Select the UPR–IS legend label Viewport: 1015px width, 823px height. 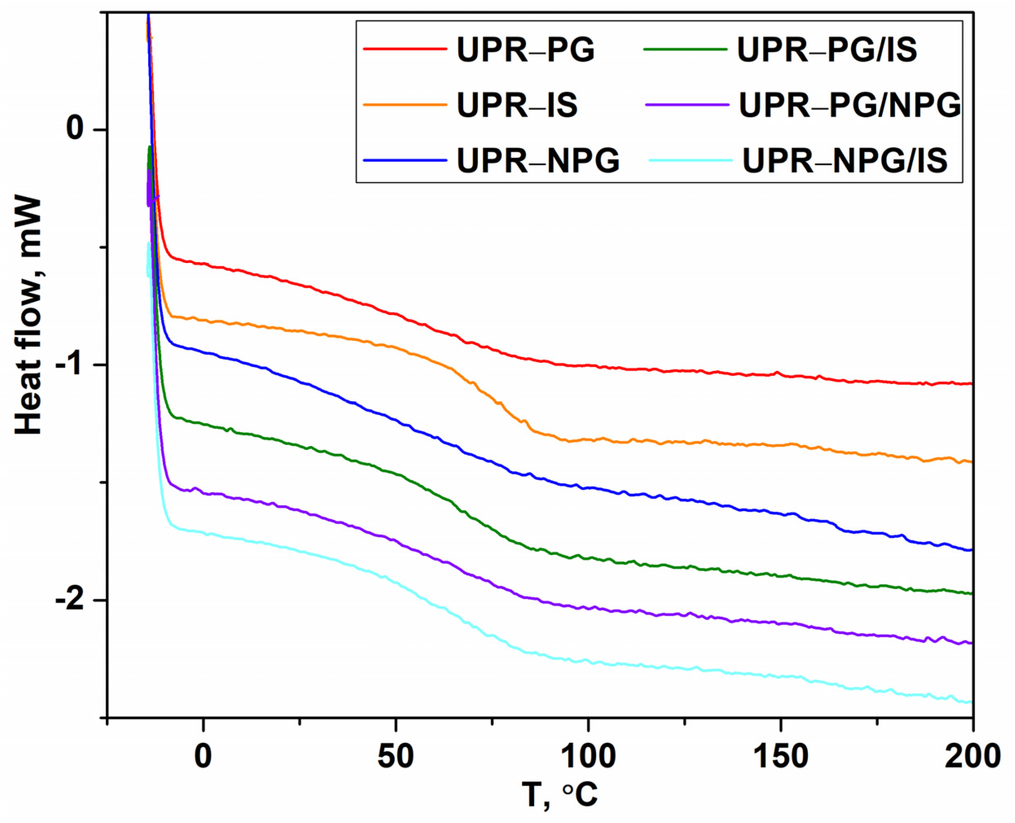click(517, 105)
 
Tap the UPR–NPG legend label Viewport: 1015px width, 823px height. click(538, 161)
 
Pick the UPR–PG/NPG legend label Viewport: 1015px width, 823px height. click(849, 105)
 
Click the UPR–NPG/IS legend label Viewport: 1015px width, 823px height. click(845, 161)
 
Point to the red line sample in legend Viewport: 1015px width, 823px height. click(405, 48)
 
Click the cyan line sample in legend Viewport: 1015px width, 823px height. click(690, 161)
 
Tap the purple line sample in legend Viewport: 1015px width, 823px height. click(687, 105)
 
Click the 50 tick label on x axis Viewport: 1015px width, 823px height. click(395, 757)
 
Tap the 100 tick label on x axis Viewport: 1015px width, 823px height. click(588, 757)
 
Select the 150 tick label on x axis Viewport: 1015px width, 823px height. click(780, 757)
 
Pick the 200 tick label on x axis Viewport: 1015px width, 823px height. click(972, 757)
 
